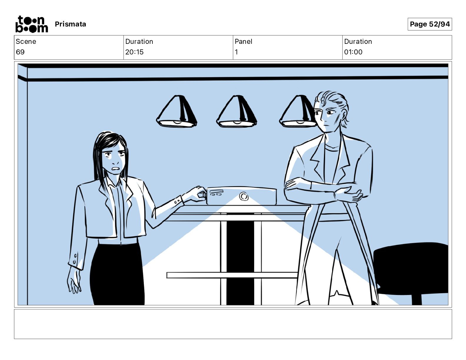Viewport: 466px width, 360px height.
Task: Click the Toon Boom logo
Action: pyautogui.click(x=32, y=24)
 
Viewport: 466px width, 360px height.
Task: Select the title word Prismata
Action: pyautogui.click(x=70, y=24)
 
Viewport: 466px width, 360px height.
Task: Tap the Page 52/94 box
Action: pyautogui.click(x=430, y=24)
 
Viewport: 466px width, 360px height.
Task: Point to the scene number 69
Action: pyautogui.click(x=20, y=52)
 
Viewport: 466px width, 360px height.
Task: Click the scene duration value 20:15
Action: pyautogui.click(x=134, y=52)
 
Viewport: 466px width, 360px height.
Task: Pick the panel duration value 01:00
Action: pyautogui.click(x=353, y=52)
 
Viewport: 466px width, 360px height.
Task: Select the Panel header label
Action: pyautogui.click(x=243, y=41)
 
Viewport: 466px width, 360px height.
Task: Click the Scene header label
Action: pyautogui.click(x=26, y=41)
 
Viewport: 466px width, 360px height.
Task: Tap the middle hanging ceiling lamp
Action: pyautogui.click(x=237, y=111)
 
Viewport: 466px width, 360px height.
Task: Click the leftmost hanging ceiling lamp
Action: pyautogui.click(x=177, y=111)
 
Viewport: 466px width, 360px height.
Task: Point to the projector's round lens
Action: pyautogui.click(x=244, y=196)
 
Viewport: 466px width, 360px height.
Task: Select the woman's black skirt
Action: pyautogui.click(x=117, y=274)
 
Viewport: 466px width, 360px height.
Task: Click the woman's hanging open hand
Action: pyautogui.click(x=74, y=280)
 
